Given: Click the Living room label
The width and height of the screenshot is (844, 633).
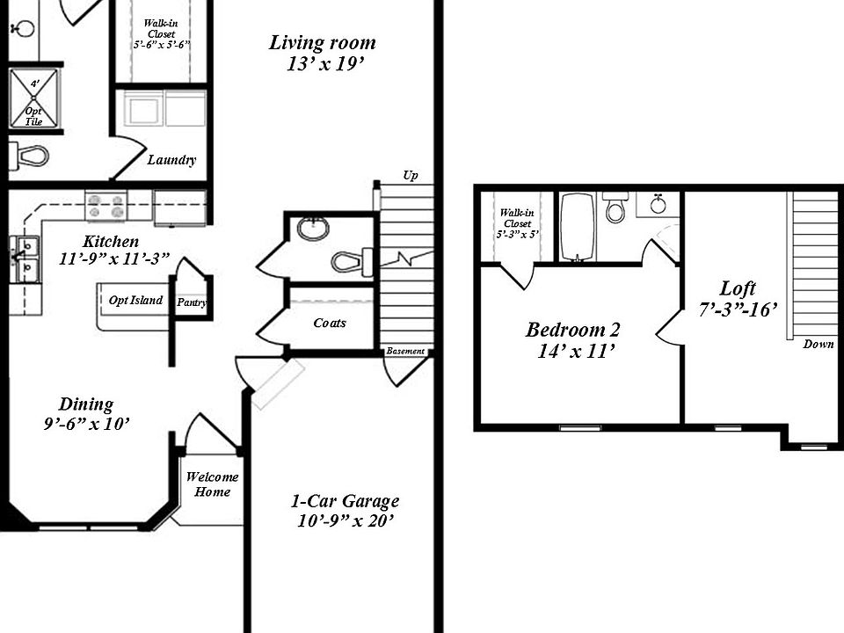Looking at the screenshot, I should (x=322, y=42).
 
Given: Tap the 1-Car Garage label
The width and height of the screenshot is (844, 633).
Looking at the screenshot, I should (x=345, y=501).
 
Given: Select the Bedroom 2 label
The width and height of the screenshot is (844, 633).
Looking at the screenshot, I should (x=572, y=330).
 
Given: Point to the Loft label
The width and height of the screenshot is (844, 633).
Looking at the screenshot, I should (x=738, y=288).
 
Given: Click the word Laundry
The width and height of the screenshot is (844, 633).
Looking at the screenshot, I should (x=171, y=160).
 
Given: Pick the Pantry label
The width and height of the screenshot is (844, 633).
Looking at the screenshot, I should (x=191, y=302).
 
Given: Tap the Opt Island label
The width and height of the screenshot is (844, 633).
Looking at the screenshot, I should (x=135, y=301).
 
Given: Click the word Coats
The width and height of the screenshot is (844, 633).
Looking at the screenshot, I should (x=330, y=323).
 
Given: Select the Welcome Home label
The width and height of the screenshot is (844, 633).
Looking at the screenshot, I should (x=212, y=484).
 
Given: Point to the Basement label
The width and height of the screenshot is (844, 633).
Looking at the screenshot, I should (x=405, y=352).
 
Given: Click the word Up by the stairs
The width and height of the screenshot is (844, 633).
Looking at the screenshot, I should (x=410, y=176).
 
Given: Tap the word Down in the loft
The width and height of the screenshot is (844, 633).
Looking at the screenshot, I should (x=818, y=345).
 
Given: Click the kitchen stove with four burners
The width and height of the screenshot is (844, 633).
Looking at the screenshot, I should (x=105, y=207).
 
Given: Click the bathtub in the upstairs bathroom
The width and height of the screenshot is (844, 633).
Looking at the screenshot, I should (x=578, y=227).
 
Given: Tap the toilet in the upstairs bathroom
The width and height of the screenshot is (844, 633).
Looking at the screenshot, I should (x=616, y=208).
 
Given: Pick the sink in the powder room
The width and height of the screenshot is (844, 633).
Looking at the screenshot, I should (x=312, y=229).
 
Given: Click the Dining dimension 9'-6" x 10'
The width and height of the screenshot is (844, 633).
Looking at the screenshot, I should (x=86, y=424).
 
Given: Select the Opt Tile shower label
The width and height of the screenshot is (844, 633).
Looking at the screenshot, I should (x=33, y=116).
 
